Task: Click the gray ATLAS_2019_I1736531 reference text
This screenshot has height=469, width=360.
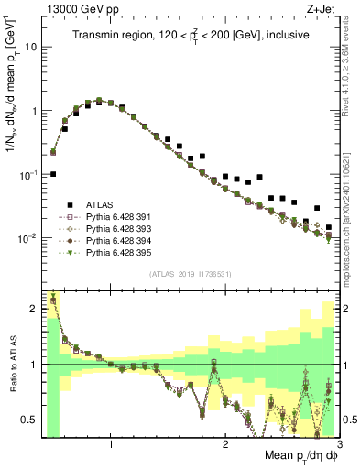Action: click(x=189, y=275)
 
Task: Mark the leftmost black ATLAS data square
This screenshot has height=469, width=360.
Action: click(x=53, y=173)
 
